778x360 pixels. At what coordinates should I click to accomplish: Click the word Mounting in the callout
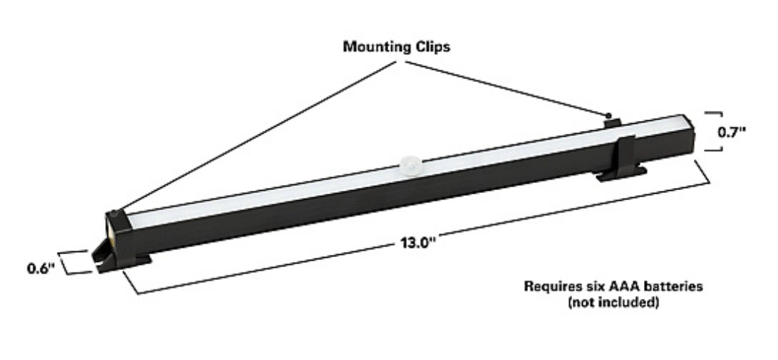(377, 47)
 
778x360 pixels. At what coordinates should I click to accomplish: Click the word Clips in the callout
(432, 46)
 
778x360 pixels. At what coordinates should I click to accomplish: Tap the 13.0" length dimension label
(418, 243)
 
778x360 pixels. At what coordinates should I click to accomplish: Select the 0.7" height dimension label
(732, 132)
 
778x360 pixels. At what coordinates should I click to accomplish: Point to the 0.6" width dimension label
(41, 269)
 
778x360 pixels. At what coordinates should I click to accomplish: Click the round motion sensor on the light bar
(410, 164)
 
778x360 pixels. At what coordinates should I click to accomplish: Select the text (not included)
(613, 302)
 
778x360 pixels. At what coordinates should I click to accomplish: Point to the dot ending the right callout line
(609, 115)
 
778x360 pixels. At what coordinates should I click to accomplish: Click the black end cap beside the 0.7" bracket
(689, 135)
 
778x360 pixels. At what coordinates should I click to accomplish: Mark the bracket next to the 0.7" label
(713, 132)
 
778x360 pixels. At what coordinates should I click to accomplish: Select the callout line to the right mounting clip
(506, 89)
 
